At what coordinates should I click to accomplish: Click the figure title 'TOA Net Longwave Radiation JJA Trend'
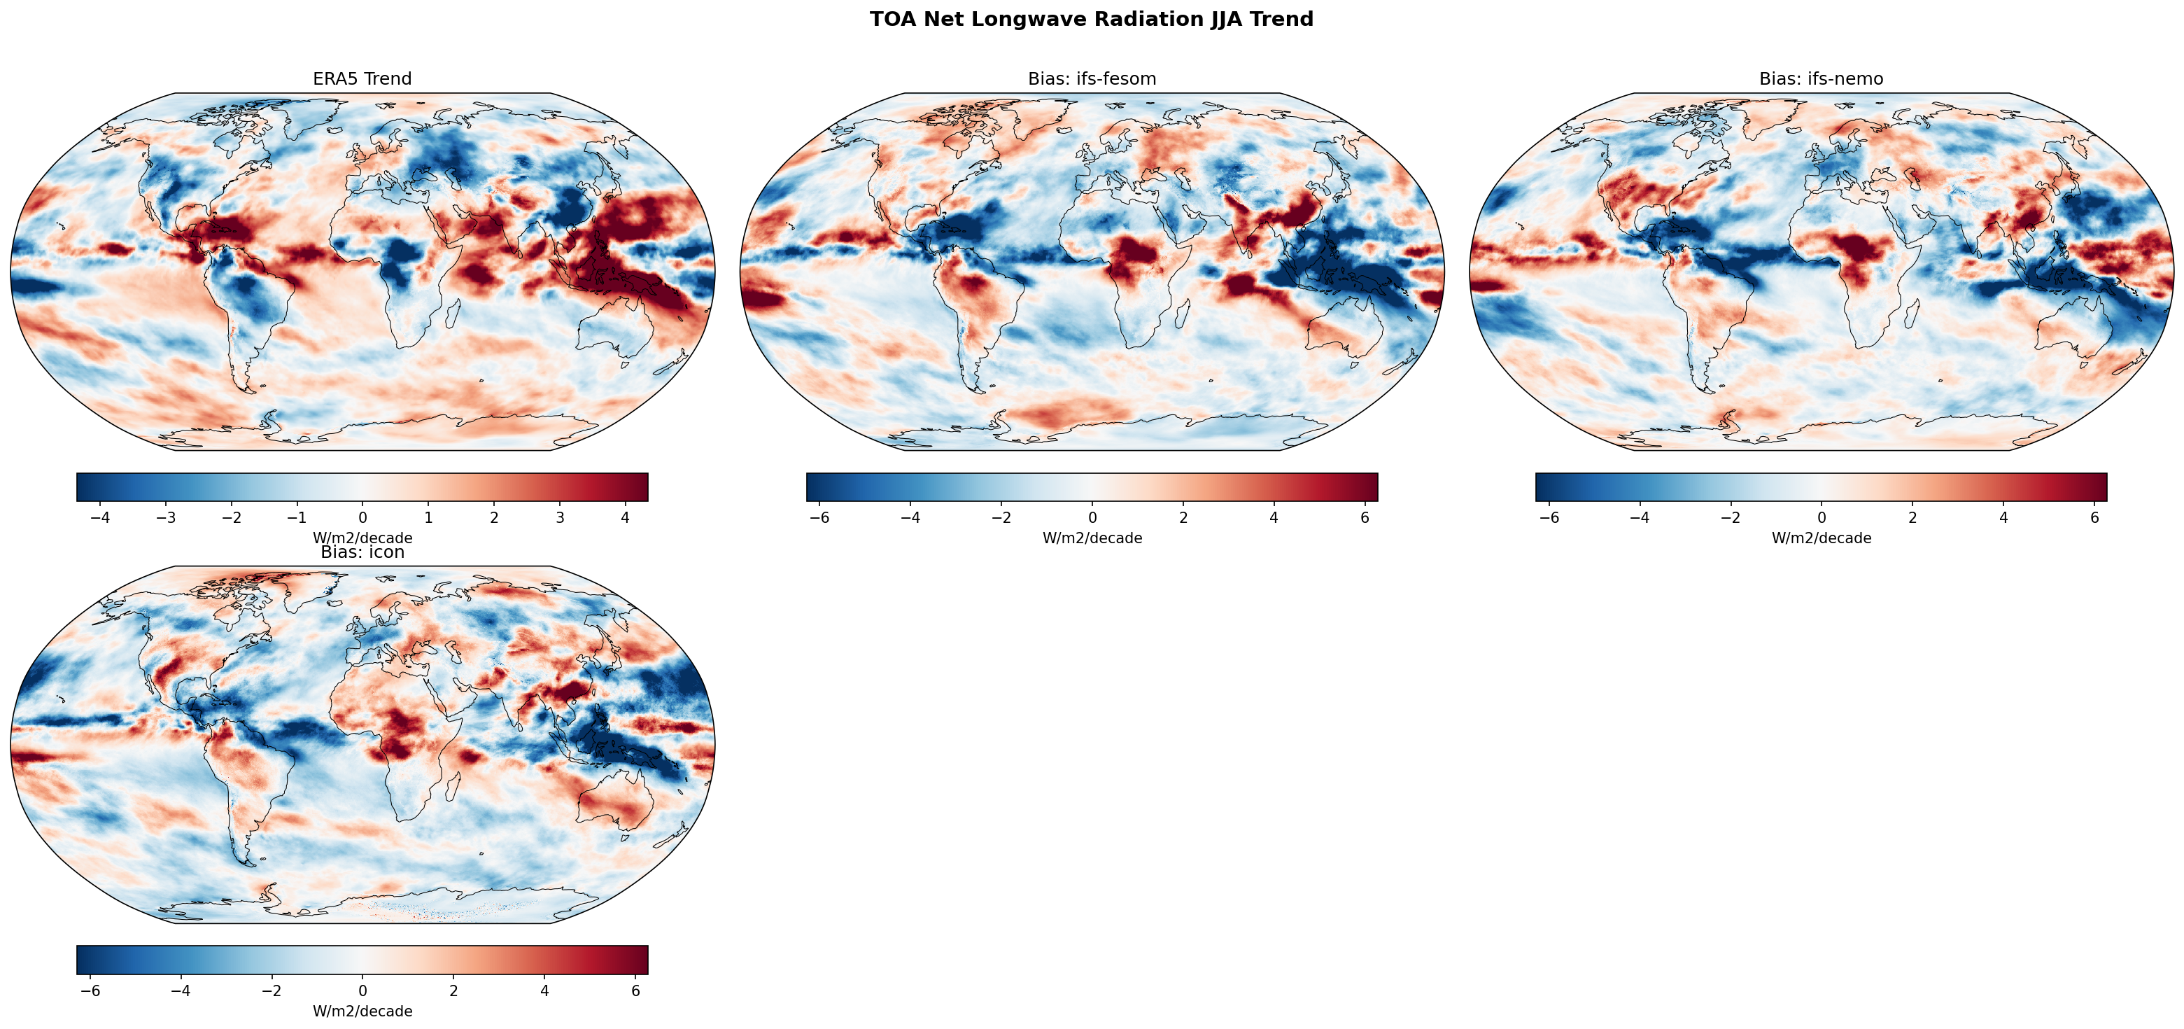click(x=1091, y=20)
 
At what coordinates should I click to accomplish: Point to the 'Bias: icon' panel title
click(x=362, y=552)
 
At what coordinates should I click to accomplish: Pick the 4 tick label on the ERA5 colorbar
click(x=625, y=518)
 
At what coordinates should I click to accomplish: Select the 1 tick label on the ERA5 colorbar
click(x=428, y=518)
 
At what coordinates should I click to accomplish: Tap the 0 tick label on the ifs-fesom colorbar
click(x=1092, y=518)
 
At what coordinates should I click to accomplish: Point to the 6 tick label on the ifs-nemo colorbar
click(x=2094, y=518)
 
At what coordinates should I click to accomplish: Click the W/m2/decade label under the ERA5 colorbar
click(x=362, y=538)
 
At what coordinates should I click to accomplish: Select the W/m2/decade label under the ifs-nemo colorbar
click(x=1821, y=538)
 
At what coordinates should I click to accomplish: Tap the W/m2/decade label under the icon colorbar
click(x=362, y=1011)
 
